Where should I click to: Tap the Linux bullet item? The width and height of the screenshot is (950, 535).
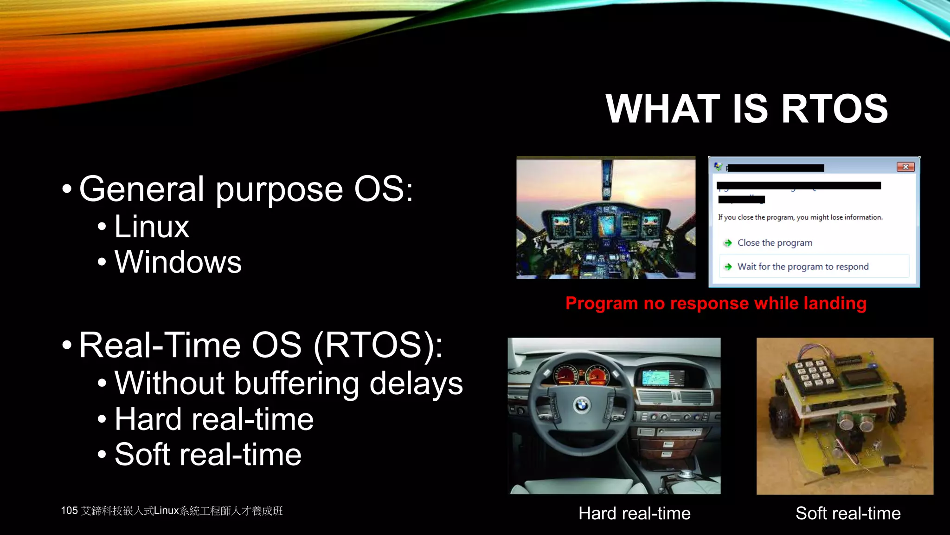point(152,227)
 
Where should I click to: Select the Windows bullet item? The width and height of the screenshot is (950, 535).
point(178,262)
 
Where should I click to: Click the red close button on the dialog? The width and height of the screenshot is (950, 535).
point(905,167)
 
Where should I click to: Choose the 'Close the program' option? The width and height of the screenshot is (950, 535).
point(775,243)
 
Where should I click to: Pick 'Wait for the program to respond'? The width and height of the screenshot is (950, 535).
point(802,267)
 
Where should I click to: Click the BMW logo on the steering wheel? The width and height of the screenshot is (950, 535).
point(582,405)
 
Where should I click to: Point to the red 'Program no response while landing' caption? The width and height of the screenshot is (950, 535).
point(716,303)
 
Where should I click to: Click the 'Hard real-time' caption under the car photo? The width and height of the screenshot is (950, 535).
point(634,514)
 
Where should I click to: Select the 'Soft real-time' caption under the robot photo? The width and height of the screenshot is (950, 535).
point(847,514)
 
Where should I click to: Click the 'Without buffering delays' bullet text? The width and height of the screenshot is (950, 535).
point(288,384)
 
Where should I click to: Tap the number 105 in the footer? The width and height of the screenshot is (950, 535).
point(69,511)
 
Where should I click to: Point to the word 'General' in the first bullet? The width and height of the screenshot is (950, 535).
point(141,189)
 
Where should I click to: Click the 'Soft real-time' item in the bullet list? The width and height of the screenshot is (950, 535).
point(208,455)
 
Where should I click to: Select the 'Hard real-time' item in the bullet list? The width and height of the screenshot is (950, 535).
point(214,419)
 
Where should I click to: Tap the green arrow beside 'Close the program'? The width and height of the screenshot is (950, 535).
point(728,243)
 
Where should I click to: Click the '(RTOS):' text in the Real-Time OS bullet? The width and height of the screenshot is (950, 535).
point(378,346)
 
